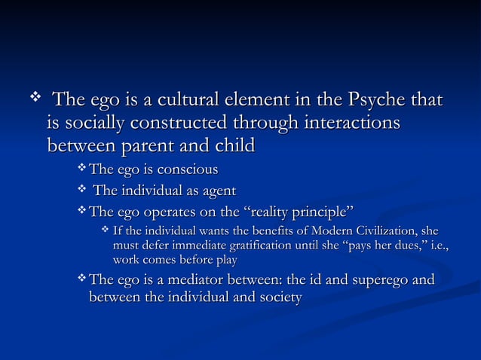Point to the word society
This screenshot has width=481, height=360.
tap(279, 298)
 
